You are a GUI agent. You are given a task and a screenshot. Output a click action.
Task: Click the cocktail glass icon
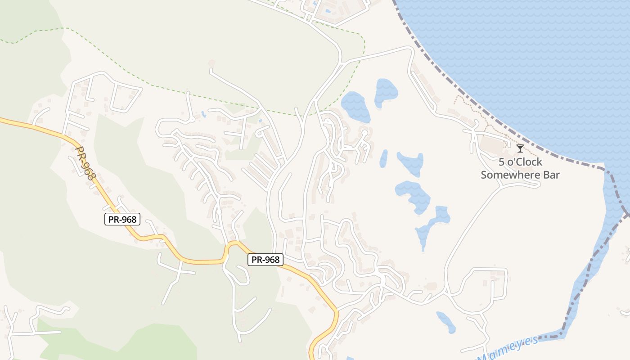pyautogui.click(x=520, y=148)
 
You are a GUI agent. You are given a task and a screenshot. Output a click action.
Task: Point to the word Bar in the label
pyautogui.click(x=552, y=175)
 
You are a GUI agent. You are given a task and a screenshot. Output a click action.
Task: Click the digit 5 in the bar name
pyautogui.click(x=501, y=162)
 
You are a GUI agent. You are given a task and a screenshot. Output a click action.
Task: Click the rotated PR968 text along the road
pyautogui.click(x=85, y=163)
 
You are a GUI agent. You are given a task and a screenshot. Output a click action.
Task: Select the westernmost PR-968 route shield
pyautogui.click(x=122, y=219)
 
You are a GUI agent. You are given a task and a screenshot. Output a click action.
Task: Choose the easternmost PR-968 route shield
pyautogui.click(x=265, y=260)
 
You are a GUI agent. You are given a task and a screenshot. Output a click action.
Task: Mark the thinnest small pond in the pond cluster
pyautogui.click(x=383, y=158)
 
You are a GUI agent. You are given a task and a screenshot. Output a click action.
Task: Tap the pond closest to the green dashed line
pyautogui.click(x=355, y=106)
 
